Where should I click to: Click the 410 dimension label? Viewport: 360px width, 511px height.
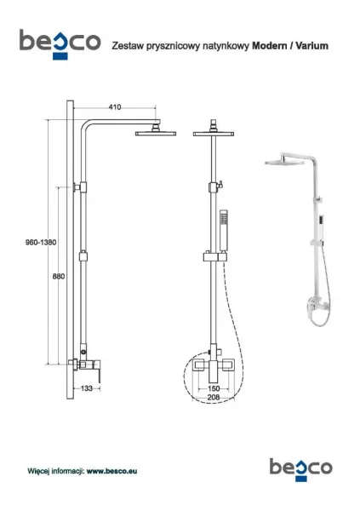[115, 107]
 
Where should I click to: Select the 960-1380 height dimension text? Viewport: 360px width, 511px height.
[41, 243]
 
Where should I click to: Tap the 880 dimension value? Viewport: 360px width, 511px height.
[59, 276]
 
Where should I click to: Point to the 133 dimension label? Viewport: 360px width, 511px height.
[86, 388]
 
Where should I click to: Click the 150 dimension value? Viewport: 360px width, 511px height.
[214, 388]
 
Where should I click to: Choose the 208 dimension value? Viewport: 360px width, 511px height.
[214, 397]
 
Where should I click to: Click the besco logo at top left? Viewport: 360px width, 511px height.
[60, 44]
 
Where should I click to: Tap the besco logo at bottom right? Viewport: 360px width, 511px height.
[301, 469]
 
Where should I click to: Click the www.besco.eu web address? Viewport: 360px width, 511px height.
[111, 471]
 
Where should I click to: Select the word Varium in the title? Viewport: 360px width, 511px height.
[311, 46]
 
